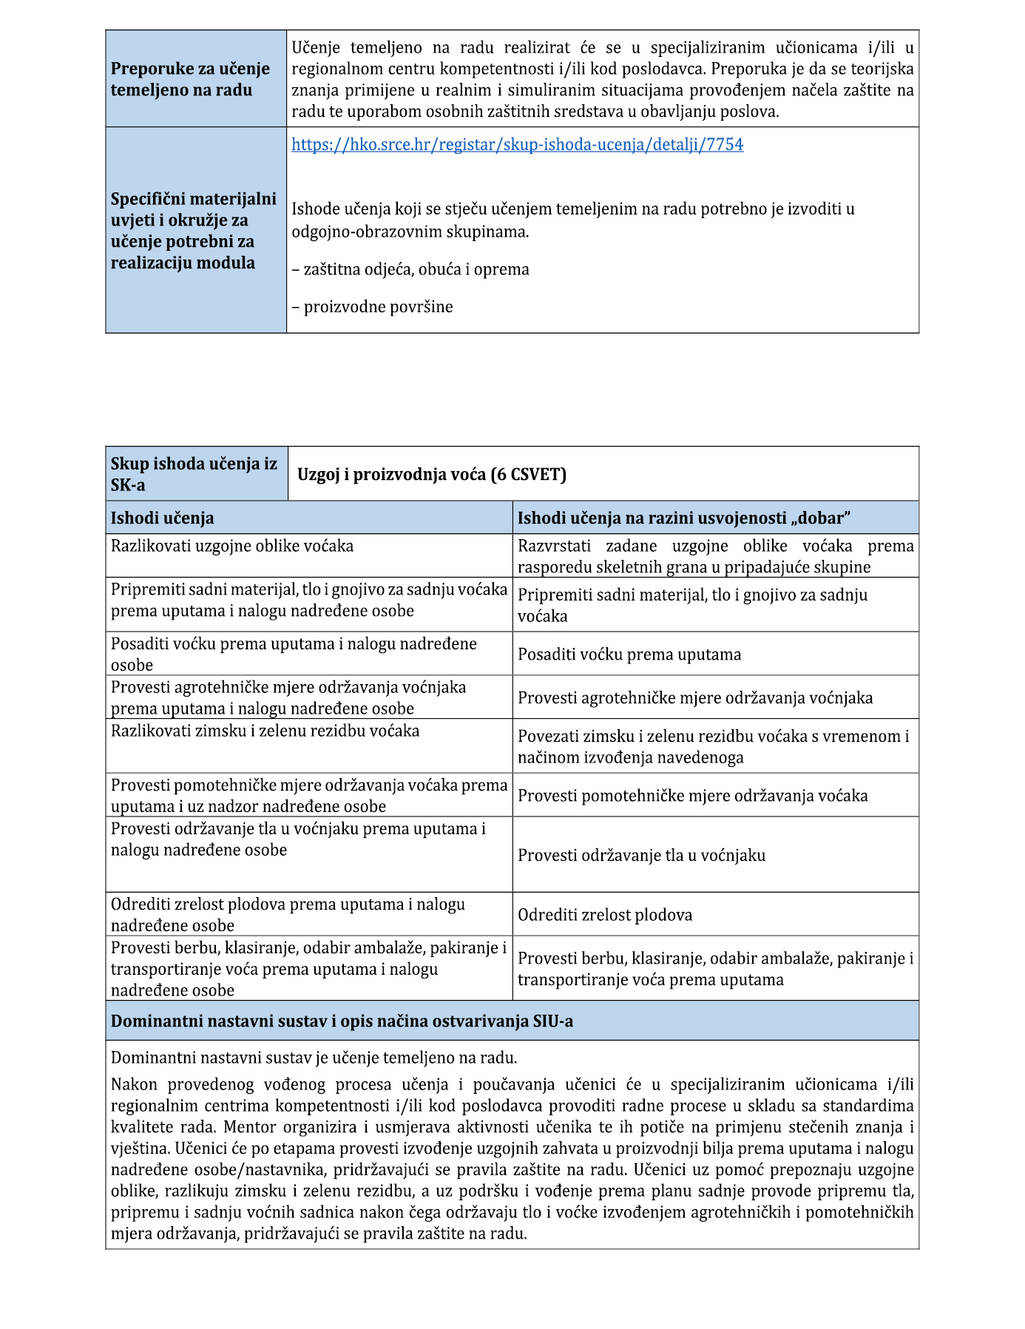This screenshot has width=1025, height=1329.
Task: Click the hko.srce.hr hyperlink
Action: [x=517, y=144]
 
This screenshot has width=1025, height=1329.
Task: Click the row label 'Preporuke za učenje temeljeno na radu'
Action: [x=190, y=79]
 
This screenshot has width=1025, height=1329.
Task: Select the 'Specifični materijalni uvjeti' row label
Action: [x=194, y=231]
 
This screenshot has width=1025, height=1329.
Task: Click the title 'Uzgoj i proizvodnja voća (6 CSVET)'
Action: [x=432, y=474]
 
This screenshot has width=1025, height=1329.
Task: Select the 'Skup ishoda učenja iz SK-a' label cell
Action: [x=194, y=474]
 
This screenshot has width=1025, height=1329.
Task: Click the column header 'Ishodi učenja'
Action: [x=163, y=518]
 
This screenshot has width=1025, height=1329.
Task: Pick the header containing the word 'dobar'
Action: [x=683, y=518]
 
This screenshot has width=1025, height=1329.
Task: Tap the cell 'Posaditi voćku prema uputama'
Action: [x=629, y=655]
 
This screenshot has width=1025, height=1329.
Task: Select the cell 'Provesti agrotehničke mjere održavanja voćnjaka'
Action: [x=695, y=697]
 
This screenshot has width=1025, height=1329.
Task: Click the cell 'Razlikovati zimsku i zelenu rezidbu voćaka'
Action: [x=265, y=731]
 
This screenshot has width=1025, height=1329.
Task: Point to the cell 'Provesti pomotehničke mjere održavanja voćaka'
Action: [x=693, y=796]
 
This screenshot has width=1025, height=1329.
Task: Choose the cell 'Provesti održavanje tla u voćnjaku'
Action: [x=641, y=855]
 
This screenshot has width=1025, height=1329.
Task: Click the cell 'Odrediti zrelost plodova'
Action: [x=605, y=915]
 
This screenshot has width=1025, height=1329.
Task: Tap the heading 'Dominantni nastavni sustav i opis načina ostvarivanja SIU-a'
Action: [x=342, y=1021]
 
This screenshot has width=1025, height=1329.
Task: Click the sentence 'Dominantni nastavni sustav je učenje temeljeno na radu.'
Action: [x=314, y=1057]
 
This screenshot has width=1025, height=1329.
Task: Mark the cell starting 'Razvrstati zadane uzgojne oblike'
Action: [x=715, y=556]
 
